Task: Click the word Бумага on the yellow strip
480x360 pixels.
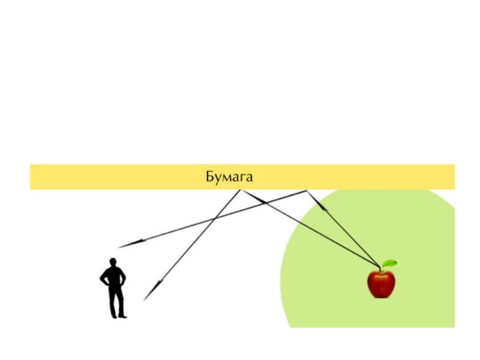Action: [229, 177]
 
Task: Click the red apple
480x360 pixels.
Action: [381, 283]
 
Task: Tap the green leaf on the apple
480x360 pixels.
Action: [389, 263]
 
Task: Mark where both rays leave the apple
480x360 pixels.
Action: [380, 268]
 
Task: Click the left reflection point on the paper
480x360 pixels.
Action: [241, 190]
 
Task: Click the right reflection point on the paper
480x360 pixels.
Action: [307, 191]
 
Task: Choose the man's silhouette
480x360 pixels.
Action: [113, 288]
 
